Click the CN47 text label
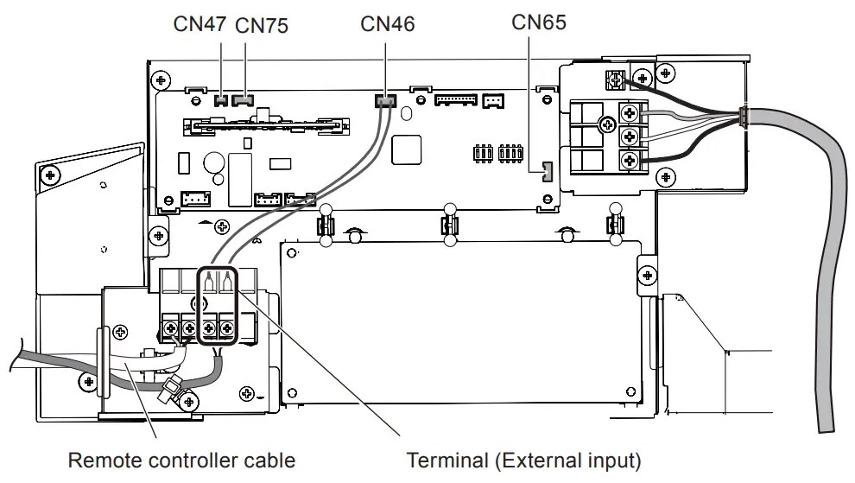click(x=200, y=24)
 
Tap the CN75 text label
click(x=261, y=26)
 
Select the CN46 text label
click(x=387, y=24)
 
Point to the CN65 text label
click(x=539, y=22)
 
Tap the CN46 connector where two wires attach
click(x=384, y=102)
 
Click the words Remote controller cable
click(x=181, y=461)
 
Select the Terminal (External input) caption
click(x=523, y=461)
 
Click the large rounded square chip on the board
click(x=406, y=149)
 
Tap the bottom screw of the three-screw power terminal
click(x=630, y=159)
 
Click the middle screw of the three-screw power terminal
click(x=630, y=136)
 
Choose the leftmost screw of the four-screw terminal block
click(x=170, y=328)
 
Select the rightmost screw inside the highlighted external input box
click(x=227, y=328)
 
